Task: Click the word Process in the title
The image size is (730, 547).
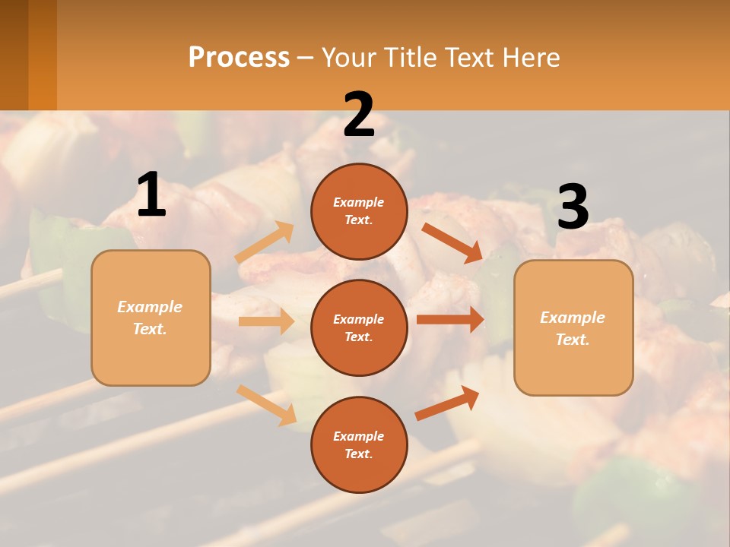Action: pos(239,57)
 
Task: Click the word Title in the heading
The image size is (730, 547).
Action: pos(410,57)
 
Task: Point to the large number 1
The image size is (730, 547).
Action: pos(151,195)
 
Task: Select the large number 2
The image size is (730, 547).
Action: pos(359,115)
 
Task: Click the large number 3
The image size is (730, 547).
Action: pos(573,207)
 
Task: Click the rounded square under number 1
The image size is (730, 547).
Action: pos(151,318)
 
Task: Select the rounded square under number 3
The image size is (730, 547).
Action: pos(573,327)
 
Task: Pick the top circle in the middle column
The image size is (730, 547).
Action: pos(359,211)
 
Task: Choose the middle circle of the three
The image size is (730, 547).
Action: pos(359,327)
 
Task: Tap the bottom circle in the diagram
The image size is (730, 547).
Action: pos(359,444)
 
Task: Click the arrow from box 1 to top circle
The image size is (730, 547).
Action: pos(265,242)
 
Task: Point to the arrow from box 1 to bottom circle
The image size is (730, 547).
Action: pos(266,405)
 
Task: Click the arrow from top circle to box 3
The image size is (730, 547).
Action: pos(452,242)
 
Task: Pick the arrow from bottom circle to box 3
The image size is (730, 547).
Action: pos(447,403)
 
